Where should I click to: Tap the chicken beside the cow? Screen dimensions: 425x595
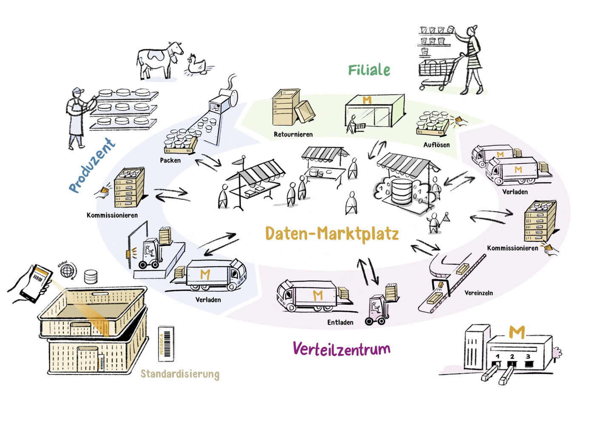(197, 65)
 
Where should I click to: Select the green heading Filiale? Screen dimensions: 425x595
(368, 70)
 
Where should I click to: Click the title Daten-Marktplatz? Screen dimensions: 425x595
(331, 234)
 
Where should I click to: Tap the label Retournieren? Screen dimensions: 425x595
(293, 134)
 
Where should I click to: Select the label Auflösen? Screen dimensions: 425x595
(436, 145)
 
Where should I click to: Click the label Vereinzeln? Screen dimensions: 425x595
(478, 293)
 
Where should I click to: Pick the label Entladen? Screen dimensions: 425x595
(340, 323)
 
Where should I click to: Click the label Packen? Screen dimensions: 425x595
(170, 161)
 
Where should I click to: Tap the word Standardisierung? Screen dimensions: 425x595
(180, 374)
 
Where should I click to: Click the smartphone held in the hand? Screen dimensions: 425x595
(37, 283)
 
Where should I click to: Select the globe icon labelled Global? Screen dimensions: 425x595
(67, 271)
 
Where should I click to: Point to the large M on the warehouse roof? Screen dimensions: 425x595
(516, 331)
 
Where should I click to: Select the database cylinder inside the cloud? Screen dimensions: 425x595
(402, 191)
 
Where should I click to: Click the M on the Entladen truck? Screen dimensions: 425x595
(317, 295)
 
